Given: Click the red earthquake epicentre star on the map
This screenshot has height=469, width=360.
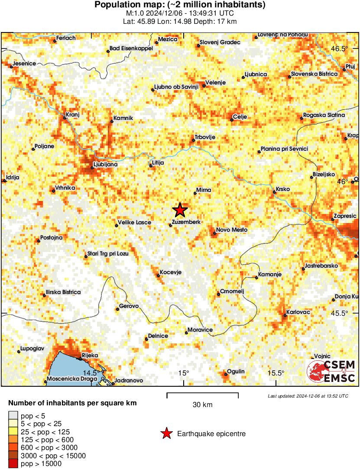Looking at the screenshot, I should tap(180, 210).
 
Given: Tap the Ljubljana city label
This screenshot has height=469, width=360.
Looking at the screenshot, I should tap(105, 165).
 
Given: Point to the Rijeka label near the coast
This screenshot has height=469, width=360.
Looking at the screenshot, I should tap(90, 355).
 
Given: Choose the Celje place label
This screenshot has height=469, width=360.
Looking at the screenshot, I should tap(240, 116).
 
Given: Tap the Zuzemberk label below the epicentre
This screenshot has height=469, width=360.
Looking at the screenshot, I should tap(186, 222).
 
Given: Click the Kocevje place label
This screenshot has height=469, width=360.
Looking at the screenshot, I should tap(170, 272).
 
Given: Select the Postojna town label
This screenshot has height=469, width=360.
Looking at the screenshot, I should tap(51, 237).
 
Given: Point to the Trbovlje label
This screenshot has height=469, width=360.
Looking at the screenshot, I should tap(205, 137).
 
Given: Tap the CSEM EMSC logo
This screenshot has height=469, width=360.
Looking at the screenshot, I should tap(331, 371).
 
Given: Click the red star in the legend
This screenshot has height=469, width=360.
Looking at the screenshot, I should tap(166, 433).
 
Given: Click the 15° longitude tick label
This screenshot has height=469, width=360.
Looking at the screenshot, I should tap(183, 373).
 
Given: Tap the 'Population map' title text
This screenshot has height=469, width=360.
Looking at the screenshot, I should tap(180, 5).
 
